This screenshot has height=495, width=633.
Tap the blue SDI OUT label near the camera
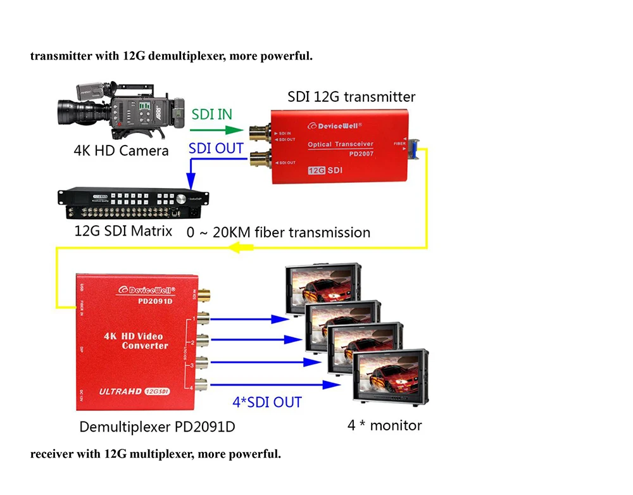[216, 148]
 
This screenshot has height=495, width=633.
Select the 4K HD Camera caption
[122, 151]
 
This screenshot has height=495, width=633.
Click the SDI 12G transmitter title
[351, 97]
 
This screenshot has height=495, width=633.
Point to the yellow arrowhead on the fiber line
[238, 248]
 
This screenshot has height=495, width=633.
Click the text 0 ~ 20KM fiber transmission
[279, 232]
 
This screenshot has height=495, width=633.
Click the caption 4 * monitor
[384, 425]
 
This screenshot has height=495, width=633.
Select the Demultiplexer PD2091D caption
[157, 427]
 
